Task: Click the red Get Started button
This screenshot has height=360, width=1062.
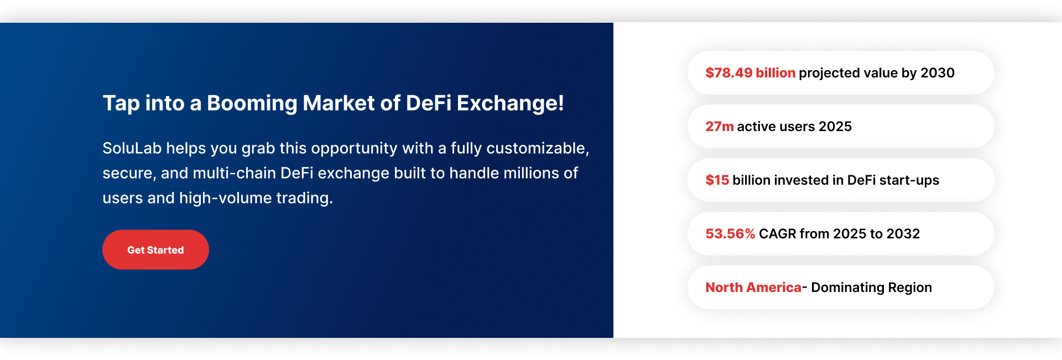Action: [155, 250]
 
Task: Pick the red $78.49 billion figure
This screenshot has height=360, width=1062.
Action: [751, 72]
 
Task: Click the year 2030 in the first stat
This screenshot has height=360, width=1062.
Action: [938, 72]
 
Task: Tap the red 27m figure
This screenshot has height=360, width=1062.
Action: [720, 127]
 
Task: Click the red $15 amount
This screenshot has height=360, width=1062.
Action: [717, 180]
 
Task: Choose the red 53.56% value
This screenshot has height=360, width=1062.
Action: [730, 234]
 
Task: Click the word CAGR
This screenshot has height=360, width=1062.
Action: [778, 234]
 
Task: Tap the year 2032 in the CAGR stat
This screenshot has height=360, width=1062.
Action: [903, 234]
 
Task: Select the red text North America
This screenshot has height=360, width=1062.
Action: [753, 288]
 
